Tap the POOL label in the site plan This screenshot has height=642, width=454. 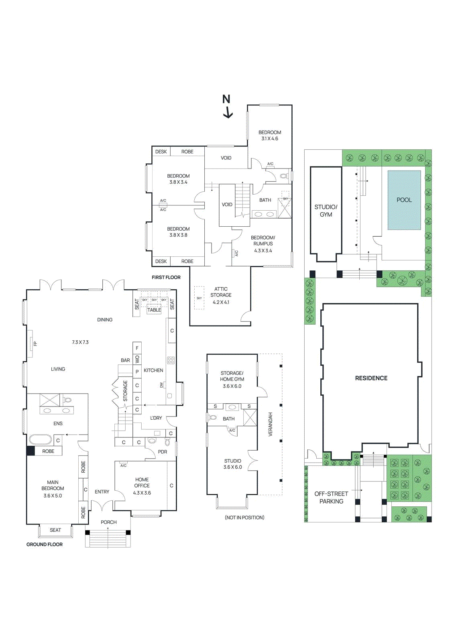(x=404, y=200)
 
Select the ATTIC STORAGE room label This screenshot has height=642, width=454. (x=221, y=292)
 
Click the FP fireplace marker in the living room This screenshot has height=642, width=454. (x=35, y=343)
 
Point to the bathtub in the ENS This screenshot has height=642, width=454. (x=40, y=439)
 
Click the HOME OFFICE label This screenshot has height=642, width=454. (x=142, y=482)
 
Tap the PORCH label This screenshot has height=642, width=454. (x=108, y=522)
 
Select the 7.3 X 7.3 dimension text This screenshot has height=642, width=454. (x=80, y=342)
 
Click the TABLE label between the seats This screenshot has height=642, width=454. (x=154, y=310)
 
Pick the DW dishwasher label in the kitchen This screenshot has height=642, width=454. (x=162, y=385)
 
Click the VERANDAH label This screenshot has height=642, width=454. (x=270, y=424)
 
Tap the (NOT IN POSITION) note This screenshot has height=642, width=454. (x=244, y=518)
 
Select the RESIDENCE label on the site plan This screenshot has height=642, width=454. (x=371, y=378)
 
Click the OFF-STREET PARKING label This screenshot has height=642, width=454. (x=331, y=498)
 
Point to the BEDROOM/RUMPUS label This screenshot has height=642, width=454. (x=263, y=240)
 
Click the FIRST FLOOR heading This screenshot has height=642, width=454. (x=166, y=277)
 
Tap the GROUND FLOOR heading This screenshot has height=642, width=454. (x=44, y=544)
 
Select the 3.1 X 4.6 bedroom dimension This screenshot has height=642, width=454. (x=269, y=138)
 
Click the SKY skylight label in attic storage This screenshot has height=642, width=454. (x=199, y=298)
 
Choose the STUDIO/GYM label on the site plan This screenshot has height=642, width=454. (x=326, y=211)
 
